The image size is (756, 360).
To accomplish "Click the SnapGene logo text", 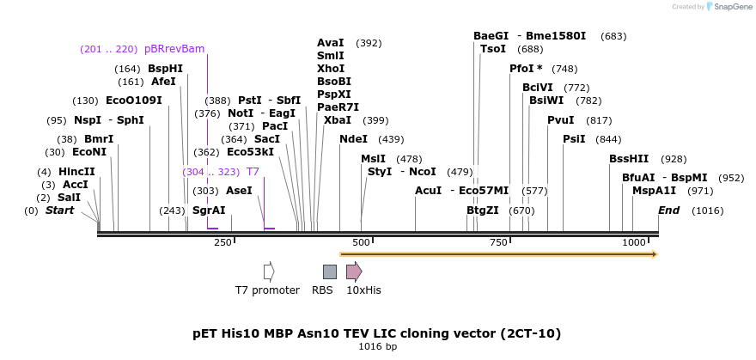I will pos(734,7).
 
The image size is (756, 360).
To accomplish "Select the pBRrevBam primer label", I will pos(174,49).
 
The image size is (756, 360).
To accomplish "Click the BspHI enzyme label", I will pos(165,69).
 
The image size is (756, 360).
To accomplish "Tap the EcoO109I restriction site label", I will pos(133,101).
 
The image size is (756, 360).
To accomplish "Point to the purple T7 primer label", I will pos(253,172).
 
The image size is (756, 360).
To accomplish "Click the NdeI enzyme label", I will pos(353,139).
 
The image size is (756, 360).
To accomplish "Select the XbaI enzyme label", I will pos(338,120).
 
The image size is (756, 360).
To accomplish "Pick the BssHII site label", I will pos(629,159).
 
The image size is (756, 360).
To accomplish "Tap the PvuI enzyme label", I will pos(560,120).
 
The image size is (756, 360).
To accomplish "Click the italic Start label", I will pos(59,211).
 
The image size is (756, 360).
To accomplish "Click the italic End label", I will pos(668,211).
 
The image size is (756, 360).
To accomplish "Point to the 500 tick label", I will pos(360,243).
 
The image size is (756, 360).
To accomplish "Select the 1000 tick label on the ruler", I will pos(633,243).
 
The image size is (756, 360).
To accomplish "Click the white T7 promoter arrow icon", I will pos(269,272).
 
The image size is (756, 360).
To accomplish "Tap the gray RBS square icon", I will pos(329,272).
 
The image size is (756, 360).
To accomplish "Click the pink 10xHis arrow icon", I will pos(353,272).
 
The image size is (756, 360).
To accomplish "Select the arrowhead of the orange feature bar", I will pos(654,254).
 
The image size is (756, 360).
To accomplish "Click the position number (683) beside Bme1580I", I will pos(613,36).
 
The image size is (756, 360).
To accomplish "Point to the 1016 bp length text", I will pos(377,347).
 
